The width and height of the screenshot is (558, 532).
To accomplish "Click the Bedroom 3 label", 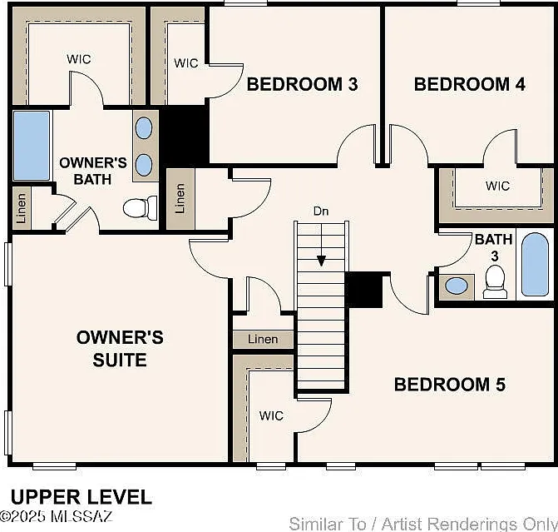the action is pyautogui.click(x=302, y=84).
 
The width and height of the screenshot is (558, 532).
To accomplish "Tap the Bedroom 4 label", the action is pyautogui.click(x=470, y=84).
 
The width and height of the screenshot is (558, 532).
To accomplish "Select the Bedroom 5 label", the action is pyautogui.click(x=450, y=385).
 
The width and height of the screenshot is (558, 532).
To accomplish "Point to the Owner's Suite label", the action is pyautogui.click(x=120, y=348).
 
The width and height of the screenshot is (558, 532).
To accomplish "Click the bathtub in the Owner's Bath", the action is pyautogui.click(x=32, y=146).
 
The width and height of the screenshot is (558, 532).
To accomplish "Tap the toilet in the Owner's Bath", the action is pyautogui.click(x=141, y=208).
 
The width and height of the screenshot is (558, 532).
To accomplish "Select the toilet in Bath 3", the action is pyautogui.click(x=495, y=282).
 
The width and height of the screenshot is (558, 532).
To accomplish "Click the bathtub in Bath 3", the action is pyautogui.click(x=535, y=265).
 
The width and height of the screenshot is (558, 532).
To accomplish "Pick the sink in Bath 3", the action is pyautogui.click(x=457, y=286).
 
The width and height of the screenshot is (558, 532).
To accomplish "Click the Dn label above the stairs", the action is pyautogui.click(x=321, y=211).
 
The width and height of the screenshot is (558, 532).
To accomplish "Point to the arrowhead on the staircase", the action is pyautogui.click(x=321, y=261).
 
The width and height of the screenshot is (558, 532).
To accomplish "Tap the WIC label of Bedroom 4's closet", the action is pyautogui.click(x=497, y=186).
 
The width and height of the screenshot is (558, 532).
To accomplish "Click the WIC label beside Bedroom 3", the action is pyautogui.click(x=186, y=63).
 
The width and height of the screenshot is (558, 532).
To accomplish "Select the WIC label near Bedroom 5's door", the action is pyautogui.click(x=271, y=415).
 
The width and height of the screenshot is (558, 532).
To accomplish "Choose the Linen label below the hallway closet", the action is pyautogui.click(x=263, y=339).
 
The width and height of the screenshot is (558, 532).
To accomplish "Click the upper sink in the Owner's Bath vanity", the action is pyautogui.click(x=144, y=128).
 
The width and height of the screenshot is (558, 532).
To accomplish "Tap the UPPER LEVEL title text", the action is pyautogui.click(x=81, y=497).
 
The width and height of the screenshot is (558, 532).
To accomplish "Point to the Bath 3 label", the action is pyautogui.click(x=494, y=247).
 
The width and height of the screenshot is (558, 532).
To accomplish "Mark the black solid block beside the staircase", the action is pyautogui.click(x=364, y=290).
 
